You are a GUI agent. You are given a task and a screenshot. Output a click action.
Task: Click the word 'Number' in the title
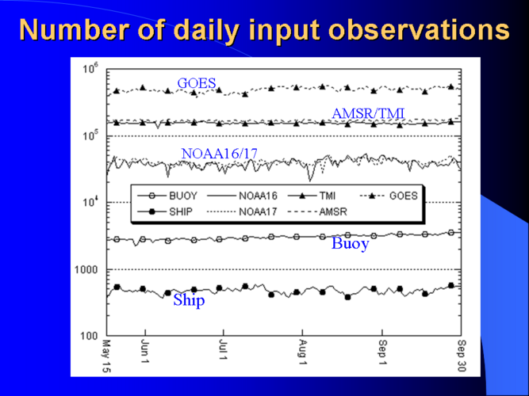[75, 29]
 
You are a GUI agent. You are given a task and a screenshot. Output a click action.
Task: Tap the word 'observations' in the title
[418, 29]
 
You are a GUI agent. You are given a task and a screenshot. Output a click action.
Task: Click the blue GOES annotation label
[197, 83]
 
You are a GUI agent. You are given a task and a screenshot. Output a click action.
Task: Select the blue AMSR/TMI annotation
[368, 113]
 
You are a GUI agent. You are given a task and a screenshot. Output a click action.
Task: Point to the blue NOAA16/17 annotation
[219, 154]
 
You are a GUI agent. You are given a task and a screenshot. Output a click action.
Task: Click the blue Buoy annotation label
[351, 243]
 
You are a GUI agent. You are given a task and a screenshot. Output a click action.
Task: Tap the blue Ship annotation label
[189, 300]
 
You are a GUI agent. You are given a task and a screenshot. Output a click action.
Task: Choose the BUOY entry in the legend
[167, 196]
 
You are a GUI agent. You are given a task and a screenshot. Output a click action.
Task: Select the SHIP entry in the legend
[165, 211]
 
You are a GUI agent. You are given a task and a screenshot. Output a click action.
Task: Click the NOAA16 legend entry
[242, 196]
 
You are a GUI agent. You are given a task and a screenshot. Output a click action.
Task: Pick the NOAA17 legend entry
[242, 211]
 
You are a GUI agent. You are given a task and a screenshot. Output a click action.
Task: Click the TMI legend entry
[312, 196]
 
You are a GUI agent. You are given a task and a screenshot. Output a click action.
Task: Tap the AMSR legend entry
[318, 211]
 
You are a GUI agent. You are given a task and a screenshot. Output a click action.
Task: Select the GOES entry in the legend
[389, 196]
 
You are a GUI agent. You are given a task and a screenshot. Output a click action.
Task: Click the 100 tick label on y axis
[90, 336]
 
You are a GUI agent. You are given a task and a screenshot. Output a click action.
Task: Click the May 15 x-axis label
[106, 356]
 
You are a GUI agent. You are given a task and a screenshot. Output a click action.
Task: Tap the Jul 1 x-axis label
[223, 350]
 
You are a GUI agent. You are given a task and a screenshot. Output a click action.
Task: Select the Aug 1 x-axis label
[303, 352]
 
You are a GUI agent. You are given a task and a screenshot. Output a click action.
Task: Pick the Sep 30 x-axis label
[462, 356]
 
